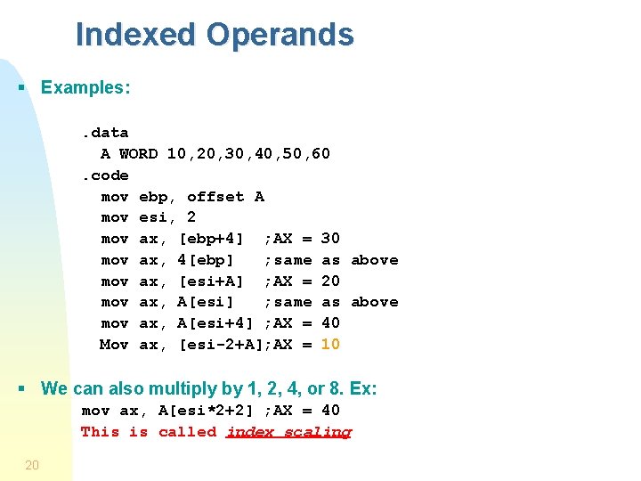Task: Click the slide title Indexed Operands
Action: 215,35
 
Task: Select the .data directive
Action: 105,133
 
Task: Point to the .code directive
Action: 105,175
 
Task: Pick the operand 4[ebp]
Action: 206,260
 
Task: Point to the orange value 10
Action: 329,345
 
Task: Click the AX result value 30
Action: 329,239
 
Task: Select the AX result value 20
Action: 329,281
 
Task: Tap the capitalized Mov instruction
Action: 114,345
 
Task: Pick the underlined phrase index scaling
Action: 288,432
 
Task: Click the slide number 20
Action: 32,464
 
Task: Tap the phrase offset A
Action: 225,197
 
